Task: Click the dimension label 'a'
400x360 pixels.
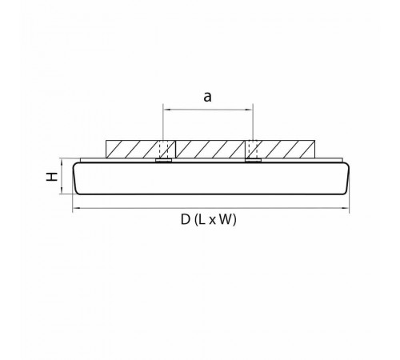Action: click(207, 97)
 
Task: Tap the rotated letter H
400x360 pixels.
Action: click(52, 177)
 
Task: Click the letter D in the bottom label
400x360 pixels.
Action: click(186, 220)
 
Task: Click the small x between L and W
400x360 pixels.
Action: click(212, 221)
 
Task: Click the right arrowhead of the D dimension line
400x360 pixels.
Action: click(346, 207)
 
